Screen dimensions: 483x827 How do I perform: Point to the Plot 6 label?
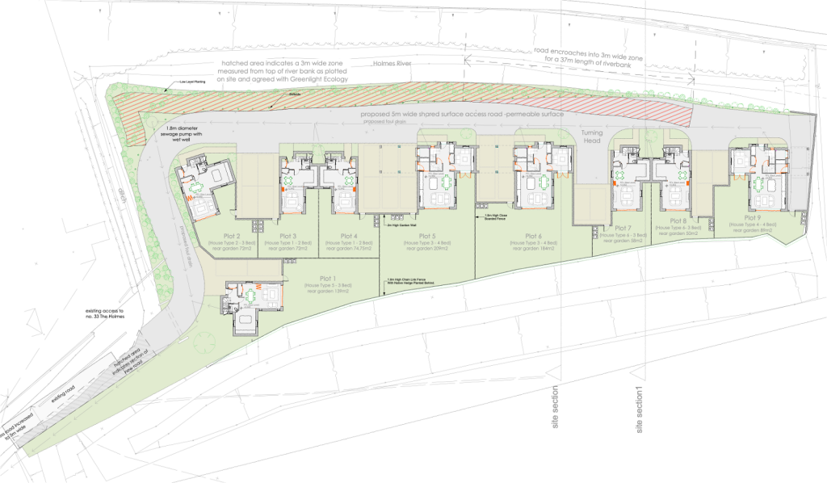pyautogui.click(x=527, y=236)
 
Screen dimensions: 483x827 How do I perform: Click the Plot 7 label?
pyautogui.click(x=621, y=228)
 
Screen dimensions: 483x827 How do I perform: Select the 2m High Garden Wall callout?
pyautogui.click(x=401, y=216)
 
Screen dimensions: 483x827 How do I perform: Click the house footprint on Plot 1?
pyautogui.click(x=254, y=304)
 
